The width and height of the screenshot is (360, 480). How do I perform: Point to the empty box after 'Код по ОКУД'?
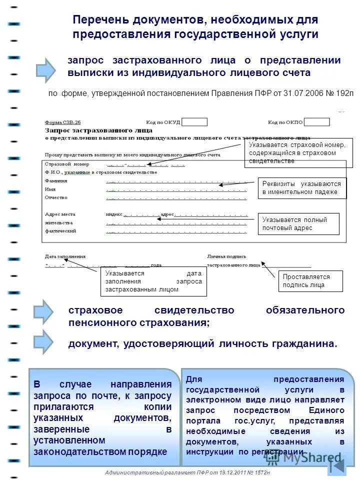pos(194,121)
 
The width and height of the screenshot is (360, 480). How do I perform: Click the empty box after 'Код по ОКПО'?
pos(317,121)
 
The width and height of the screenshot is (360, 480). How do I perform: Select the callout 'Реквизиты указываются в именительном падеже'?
pos(302,188)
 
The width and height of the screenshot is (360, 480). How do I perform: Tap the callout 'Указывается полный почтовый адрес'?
pos(299,224)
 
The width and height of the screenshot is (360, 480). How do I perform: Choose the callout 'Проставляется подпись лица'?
pos(310,281)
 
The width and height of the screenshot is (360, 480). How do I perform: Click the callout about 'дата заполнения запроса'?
pos(153,281)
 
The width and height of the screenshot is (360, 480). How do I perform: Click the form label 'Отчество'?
pos(56,197)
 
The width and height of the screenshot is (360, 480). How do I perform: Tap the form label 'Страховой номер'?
pos(67,164)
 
